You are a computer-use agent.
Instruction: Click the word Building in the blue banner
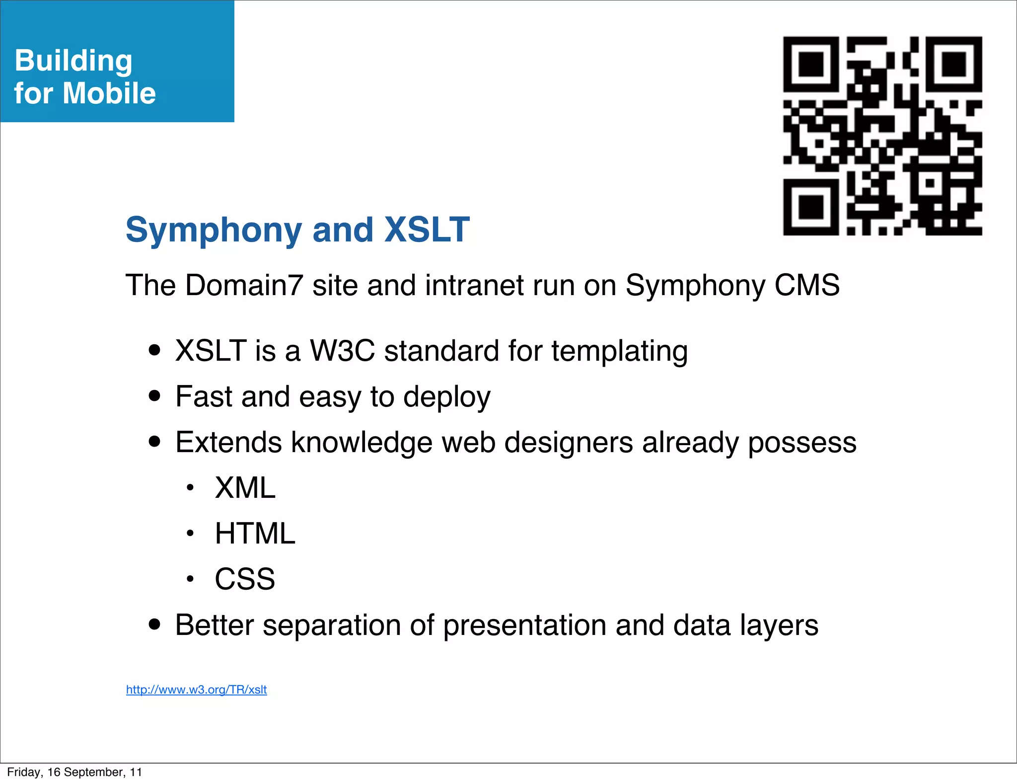[73, 61]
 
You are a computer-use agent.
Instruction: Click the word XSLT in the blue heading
[427, 230]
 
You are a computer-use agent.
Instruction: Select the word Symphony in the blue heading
[214, 231]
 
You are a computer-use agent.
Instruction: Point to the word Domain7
[244, 285]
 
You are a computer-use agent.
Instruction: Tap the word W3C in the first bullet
[342, 351]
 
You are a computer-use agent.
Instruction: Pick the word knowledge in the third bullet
[361, 443]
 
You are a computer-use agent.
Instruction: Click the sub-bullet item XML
[245, 488]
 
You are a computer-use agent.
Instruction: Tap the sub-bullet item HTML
[255, 534]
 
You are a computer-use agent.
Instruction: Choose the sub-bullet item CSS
[244, 579]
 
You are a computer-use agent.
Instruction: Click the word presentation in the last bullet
[524, 626]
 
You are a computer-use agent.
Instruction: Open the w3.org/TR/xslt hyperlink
[196, 690]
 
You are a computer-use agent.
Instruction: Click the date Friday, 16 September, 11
[74, 772]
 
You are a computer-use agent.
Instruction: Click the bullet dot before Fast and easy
[155, 396]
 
